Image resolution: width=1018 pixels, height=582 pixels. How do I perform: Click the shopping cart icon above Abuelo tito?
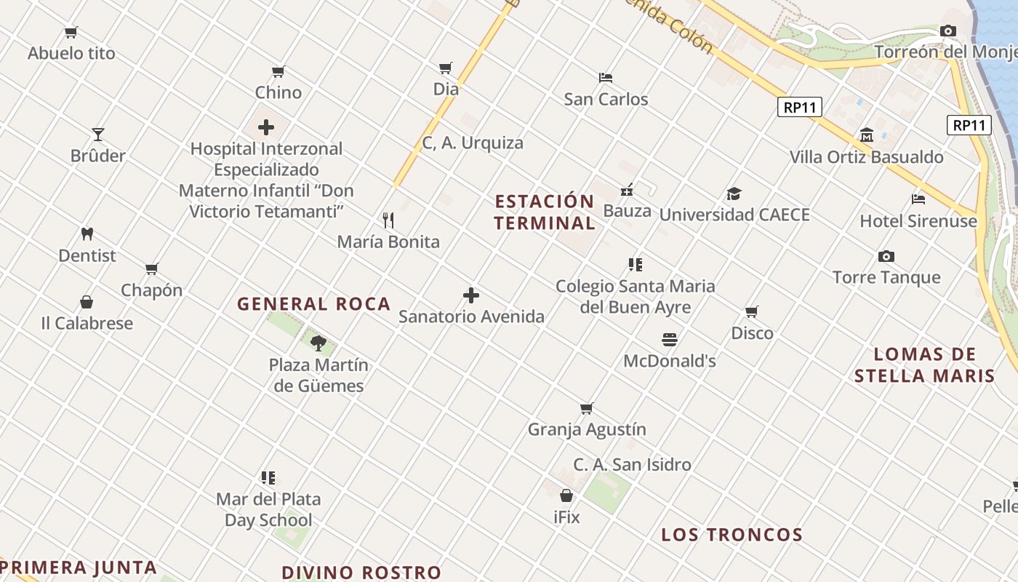pyautogui.click(x=71, y=32)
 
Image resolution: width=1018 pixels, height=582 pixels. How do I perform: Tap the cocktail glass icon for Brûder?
pyautogui.click(x=98, y=135)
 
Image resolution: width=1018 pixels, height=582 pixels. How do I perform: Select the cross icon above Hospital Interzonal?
pyautogui.click(x=266, y=127)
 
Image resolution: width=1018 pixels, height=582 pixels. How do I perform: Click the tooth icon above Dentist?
pyautogui.click(x=87, y=234)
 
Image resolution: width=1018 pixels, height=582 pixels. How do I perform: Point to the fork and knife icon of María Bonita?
pyautogui.click(x=388, y=220)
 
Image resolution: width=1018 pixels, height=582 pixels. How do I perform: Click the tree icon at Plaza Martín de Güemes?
pyautogui.click(x=318, y=343)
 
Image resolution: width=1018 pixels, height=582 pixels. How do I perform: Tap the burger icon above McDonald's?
pyautogui.click(x=670, y=340)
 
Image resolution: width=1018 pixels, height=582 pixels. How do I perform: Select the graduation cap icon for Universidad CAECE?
pyautogui.click(x=734, y=194)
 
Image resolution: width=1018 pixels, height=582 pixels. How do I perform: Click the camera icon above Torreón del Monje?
pyautogui.click(x=947, y=31)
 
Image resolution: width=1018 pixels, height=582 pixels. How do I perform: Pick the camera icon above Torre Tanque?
pyautogui.click(x=886, y=256)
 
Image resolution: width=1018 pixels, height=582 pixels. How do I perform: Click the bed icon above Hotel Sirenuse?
pyautogui.click(x=918, y=199)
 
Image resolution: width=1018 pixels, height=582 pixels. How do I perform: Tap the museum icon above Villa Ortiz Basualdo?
pyautogui.click(x=866, y=135)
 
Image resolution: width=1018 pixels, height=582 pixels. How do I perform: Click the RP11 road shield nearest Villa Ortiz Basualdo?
pyautogui.click(x=800, y=108)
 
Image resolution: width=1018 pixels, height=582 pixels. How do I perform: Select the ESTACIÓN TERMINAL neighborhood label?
pyautogui.click(x=545, y=212)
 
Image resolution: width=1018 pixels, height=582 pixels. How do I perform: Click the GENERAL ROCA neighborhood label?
pyautogui.click(x=314, y=304)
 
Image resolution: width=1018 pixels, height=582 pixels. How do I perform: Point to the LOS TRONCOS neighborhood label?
pyautogui.click(x=732, y=535)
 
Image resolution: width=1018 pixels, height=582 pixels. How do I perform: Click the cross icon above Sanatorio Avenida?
pyautogui.click(x=471, y=295)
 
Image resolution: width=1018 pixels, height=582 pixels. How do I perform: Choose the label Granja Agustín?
pyautogui.click(x=587, y=429)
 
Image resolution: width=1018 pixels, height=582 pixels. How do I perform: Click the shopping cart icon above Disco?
pyautogui.click(x=752, y=311)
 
